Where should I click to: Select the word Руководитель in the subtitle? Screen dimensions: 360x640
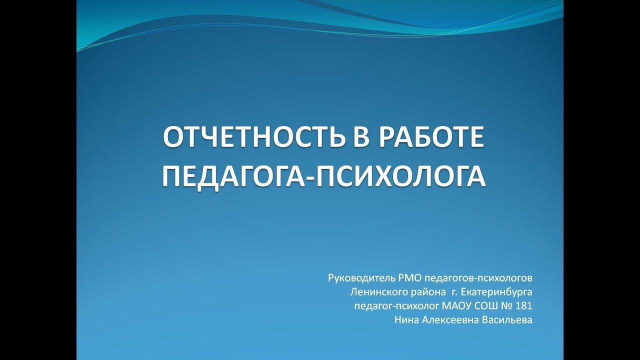355,277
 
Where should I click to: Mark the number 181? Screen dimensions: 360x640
524,305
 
